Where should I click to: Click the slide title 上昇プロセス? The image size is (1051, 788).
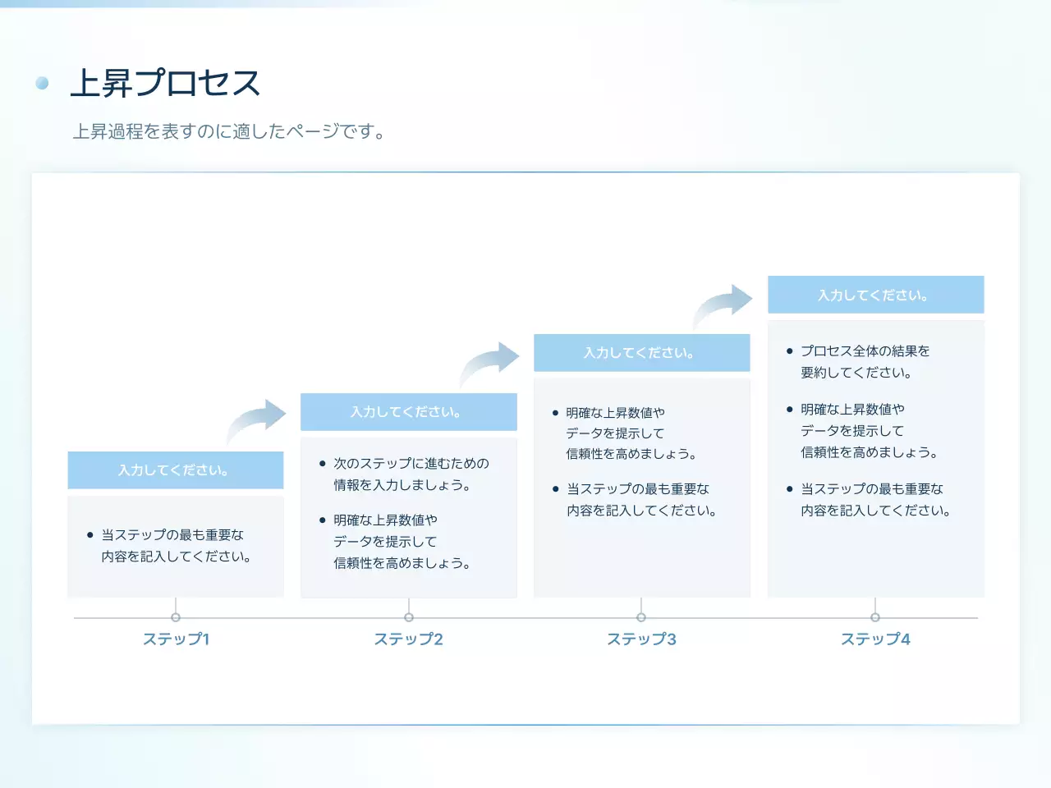[x=165, y=83]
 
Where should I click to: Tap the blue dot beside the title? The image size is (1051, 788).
[x=43, y=83]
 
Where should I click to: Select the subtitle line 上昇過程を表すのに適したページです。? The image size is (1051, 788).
[x=229, y=131]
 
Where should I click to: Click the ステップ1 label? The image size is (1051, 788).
[x=176, y=639]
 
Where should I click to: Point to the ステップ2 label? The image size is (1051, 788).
[x=408, y=639]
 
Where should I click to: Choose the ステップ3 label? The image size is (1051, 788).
[x=641, y=639]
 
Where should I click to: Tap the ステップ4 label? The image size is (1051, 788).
[x=875, y=639]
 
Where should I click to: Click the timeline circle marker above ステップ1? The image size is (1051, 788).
[x=176, y=617]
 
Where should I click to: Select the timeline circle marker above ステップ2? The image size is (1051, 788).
[x=409, y=617]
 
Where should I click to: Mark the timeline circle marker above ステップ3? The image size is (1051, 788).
[x=641, y=617]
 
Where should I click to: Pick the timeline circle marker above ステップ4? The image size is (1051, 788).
[x=875, y=617]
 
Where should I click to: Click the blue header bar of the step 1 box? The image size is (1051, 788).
[x=176, y=470]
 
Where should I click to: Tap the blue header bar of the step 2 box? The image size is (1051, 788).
[x=409, y=412]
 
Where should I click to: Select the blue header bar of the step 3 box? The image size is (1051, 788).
[x=642, y=353]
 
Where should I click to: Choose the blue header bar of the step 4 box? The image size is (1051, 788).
[x=875, y=295]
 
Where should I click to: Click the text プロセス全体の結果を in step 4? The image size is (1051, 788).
[x=865, y=351]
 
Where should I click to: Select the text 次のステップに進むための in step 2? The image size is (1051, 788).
[x=411, y=464]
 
